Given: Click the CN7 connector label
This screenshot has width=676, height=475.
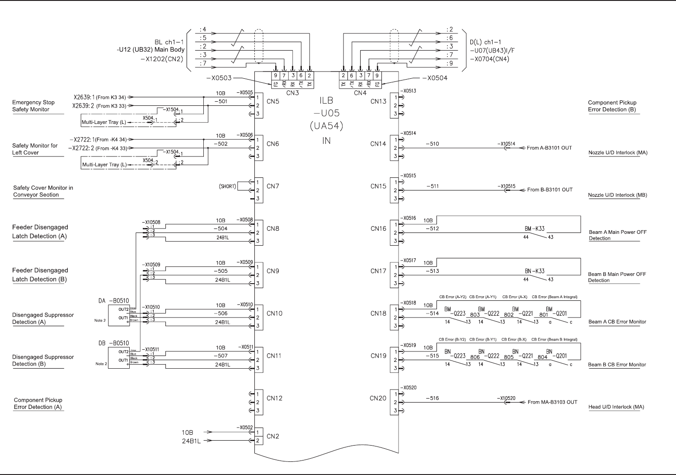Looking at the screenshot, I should [273, 186].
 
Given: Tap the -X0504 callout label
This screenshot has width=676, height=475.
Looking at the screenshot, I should [434, 78].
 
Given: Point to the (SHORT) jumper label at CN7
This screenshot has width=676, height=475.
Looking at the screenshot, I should [227, 186].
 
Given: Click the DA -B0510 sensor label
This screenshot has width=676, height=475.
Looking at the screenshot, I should [113, 300].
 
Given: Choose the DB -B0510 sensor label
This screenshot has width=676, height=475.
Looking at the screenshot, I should [113, 343].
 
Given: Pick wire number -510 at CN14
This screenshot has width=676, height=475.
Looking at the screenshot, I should [432, 144].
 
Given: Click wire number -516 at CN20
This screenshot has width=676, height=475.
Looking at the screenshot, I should [432, 399].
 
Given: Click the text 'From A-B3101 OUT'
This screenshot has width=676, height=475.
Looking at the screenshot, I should [549, 148].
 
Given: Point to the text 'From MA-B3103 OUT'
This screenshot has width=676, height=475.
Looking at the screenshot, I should [552, 402].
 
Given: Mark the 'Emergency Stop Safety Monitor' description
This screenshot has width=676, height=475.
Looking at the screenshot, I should [31, 106].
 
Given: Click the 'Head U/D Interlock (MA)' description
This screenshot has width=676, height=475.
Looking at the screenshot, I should [616, 407].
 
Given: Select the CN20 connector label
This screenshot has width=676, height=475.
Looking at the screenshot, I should [378, 399].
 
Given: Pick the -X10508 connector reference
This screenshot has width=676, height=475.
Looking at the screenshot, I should [151, 223].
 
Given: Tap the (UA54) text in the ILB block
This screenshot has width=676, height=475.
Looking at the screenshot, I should [326, 126].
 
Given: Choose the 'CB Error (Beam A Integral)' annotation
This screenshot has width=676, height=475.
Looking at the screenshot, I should [554, 297].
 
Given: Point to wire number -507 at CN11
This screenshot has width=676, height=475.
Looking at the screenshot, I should [221, 356].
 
